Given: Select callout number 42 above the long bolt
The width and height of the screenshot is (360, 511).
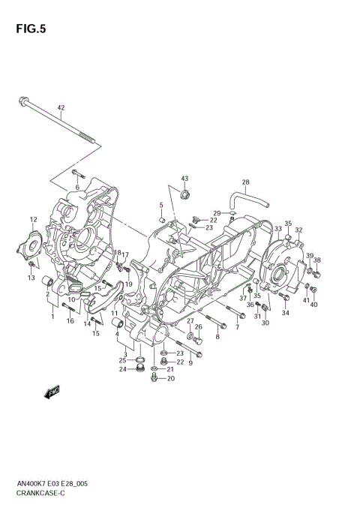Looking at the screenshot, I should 61,107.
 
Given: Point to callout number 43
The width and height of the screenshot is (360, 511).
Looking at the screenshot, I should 184,178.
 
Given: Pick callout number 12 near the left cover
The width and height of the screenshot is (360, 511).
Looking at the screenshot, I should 33,220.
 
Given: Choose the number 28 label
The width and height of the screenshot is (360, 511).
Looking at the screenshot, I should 245,182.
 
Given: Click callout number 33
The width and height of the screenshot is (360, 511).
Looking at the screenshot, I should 277,229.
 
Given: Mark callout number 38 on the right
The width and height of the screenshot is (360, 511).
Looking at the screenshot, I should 316,260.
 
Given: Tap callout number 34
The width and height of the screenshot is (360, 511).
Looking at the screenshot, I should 286,313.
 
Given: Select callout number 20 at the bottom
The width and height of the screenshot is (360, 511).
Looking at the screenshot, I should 170,378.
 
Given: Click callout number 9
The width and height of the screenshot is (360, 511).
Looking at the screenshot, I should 190,363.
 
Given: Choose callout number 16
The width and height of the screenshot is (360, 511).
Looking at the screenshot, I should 69,321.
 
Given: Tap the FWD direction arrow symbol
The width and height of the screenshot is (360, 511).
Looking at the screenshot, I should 52,391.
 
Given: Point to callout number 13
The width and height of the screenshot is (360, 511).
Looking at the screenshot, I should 31,278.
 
